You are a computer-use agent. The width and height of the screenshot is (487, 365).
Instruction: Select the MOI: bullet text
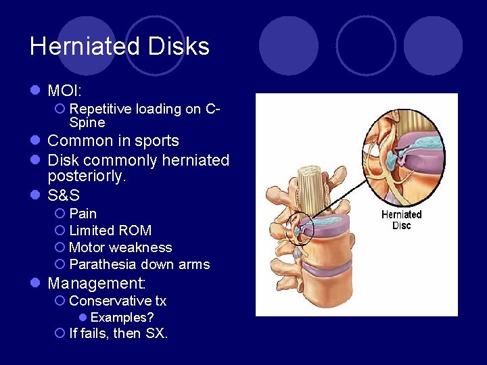point(64,89)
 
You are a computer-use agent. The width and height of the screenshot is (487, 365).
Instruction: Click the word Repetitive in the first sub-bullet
point(100,109)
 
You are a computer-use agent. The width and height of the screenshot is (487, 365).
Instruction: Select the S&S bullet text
point(64,196)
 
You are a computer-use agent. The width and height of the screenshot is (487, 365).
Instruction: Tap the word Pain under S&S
point(83,214)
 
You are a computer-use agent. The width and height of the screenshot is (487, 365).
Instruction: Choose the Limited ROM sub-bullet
point(110,230)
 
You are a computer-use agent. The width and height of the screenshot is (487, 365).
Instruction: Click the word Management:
point(97,283)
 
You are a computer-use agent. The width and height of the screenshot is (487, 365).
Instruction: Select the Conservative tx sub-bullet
point(118,301)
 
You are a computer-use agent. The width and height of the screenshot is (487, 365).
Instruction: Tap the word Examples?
point(122,317)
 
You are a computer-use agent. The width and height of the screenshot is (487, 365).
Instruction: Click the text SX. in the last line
point(156,333)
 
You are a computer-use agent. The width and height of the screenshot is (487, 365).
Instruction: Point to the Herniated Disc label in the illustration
point(401,220)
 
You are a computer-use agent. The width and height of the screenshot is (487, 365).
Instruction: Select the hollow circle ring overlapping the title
point(154,45)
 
